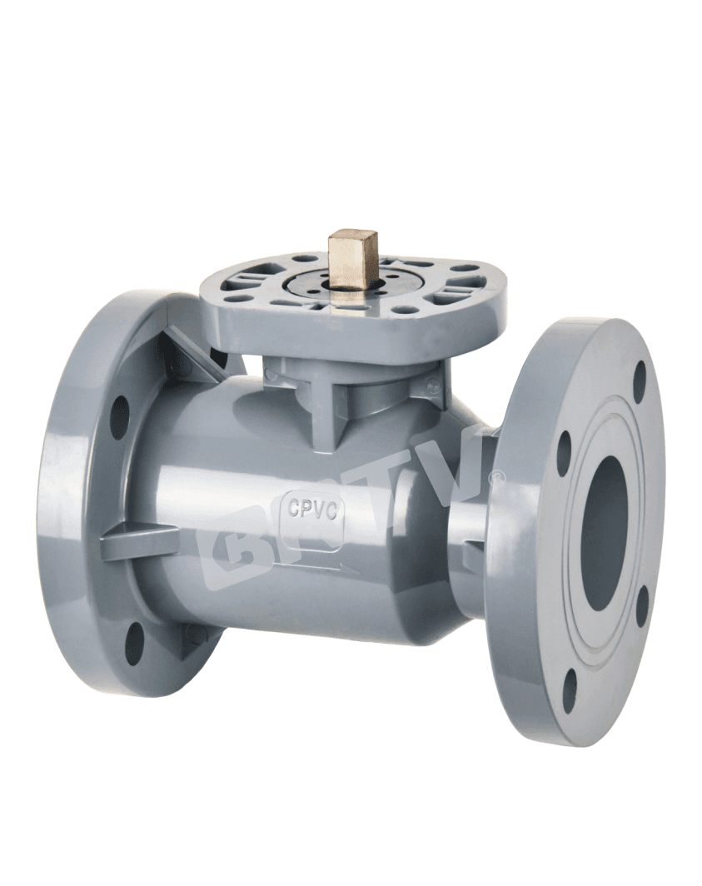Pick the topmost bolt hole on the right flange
click(x=640, y=382)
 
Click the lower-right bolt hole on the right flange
click(x=641, y=605)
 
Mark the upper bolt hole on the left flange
click(x=120, y=416)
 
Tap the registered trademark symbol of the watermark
click(x=498, y=477)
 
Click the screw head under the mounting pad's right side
click(x=431, y=385)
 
